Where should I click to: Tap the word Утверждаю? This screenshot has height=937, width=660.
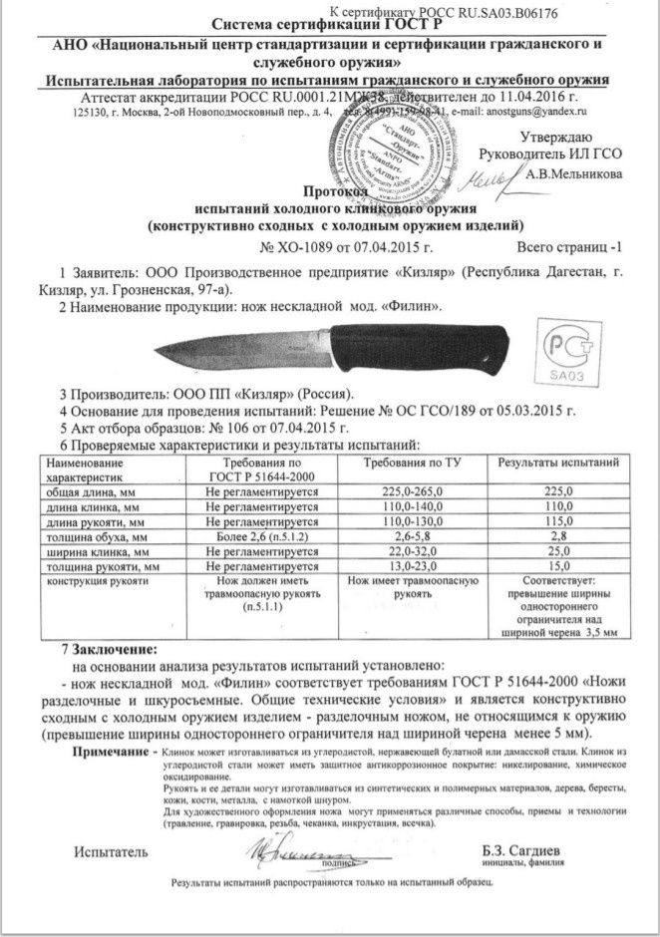[x=556, y=137]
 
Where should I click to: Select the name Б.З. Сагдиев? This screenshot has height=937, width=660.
[x=519, y=850]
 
